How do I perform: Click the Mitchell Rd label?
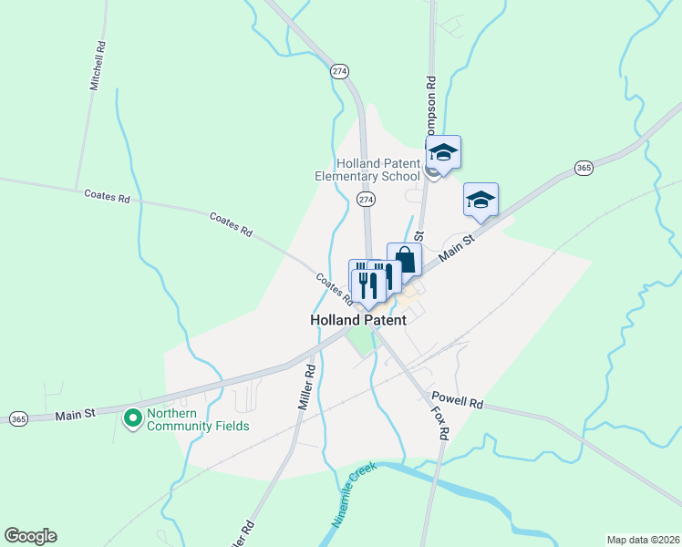98,65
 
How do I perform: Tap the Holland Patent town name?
357,320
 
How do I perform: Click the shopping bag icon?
404,261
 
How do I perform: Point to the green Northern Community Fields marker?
132,418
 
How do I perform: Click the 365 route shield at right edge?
584,168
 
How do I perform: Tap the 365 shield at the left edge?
18,418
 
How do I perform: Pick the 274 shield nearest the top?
340,71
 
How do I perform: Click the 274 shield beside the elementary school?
366,199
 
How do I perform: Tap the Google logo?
30,536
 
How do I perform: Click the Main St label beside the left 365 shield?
76,415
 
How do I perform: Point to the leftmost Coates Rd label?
107,196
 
